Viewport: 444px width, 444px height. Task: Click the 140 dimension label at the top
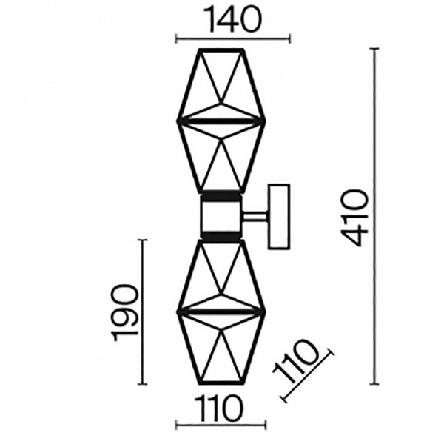(234, 18)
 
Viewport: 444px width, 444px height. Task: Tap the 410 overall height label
(354, 218)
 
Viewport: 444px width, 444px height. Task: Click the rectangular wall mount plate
(279, 217)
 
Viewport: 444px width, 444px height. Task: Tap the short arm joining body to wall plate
(255, 217)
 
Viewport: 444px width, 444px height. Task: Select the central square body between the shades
(221, 217)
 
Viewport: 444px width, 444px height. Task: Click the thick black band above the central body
(221, 197)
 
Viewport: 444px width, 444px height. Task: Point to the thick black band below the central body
(221, 237)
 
